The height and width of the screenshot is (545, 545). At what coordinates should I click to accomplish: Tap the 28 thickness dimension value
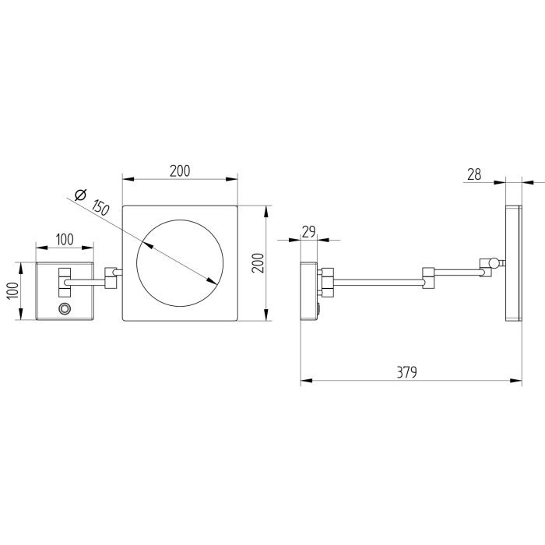473,175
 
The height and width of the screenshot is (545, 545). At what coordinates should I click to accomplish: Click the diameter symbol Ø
79,195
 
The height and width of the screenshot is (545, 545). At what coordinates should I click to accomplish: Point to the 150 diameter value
99,207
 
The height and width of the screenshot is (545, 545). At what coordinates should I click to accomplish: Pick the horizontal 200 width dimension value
181,171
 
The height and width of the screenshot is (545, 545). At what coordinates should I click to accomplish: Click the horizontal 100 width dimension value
65,240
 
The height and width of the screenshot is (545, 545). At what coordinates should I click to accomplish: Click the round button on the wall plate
65,310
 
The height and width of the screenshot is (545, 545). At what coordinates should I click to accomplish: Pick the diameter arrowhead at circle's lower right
213,281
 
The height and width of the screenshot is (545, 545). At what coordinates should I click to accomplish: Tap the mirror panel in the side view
514,263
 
